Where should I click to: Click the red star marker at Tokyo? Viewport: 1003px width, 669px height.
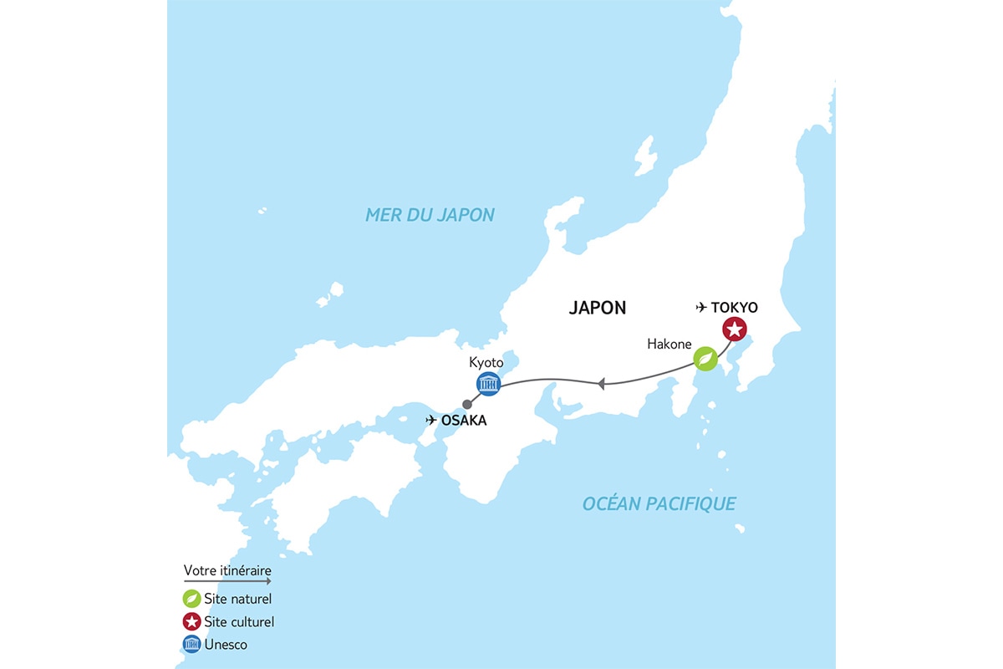click(x=734, y=330)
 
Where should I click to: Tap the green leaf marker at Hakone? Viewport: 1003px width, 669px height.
click(x=706, y=360)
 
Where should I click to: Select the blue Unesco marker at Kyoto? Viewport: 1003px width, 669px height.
click(x=488, y=384)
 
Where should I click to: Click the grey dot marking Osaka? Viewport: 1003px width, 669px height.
click(x=466, y=404)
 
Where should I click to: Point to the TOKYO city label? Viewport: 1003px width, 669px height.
click(x=734, y=308)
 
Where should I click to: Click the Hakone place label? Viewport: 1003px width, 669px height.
click(x=670, y=344)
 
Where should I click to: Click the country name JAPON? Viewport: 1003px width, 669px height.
click(x=598, y=308)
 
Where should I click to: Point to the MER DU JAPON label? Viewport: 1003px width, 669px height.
click(x=430, y=215)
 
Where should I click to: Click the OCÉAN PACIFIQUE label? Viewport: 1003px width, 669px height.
click(x=659, y=503)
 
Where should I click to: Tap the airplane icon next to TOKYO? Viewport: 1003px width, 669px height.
click(x=701, y=308)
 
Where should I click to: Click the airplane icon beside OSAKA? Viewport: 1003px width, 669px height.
click(x=431, y=420)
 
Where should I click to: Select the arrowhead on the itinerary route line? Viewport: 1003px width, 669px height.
click(x=601, y=384)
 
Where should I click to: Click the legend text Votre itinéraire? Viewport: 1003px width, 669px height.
click(x=227, y=570)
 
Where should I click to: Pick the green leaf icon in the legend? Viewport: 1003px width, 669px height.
click(x=191, y=599)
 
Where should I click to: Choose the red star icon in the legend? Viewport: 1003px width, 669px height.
click(x=191, y=622)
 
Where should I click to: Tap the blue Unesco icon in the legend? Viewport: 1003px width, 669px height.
click(x=191, y=645)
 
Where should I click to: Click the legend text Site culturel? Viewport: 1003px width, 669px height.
click(x=239, y=622)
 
